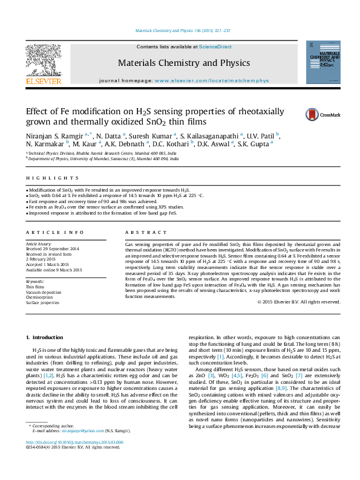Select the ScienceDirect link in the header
(x=215, y=47)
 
